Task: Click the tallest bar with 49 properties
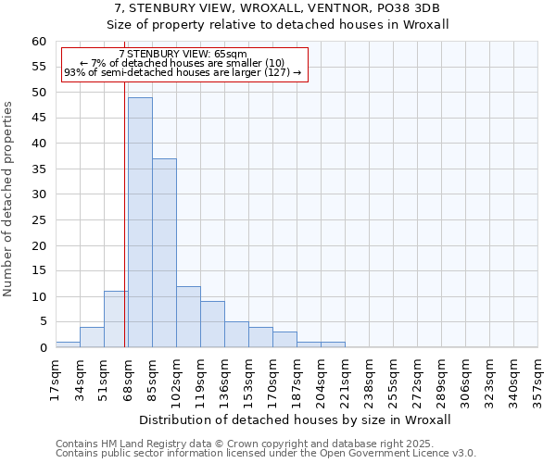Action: click(x=140, y=222)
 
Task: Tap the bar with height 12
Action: click(x=188, y=317)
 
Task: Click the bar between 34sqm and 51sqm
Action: click(x=92, y=337)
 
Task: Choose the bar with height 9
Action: click(x=212, y=324)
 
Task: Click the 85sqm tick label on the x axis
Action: click(x=152, y=379)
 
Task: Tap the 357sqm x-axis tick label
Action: click(x=537, y=381)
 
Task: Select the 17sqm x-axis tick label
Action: click(x=56, y=379)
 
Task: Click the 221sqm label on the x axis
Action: click(x=345, y=381)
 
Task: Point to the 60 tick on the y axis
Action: click(x=38, y=42)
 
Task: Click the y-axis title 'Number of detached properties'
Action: click(x=9, y=199)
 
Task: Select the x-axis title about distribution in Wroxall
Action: click(x=295, y=419)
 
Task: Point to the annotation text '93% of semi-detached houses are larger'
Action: click(x=183, y=72)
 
